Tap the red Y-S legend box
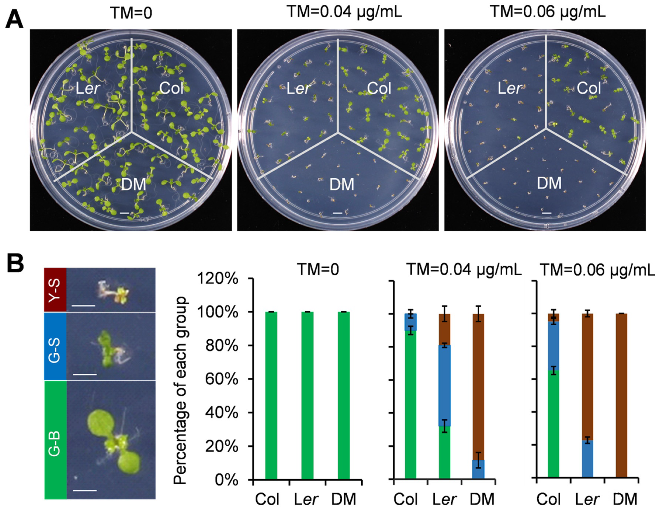[x=55, y=289]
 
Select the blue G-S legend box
[x=55, y=346]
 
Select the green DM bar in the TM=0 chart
[x=344, y=395]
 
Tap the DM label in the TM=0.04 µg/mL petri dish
[x=341, y=184]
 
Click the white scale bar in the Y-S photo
[x=84, y=305]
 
